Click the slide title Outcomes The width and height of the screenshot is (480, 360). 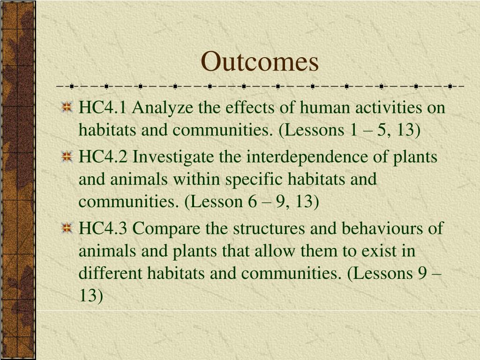(x=260, y=61)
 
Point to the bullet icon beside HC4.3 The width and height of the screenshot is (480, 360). (x=67, y=229)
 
